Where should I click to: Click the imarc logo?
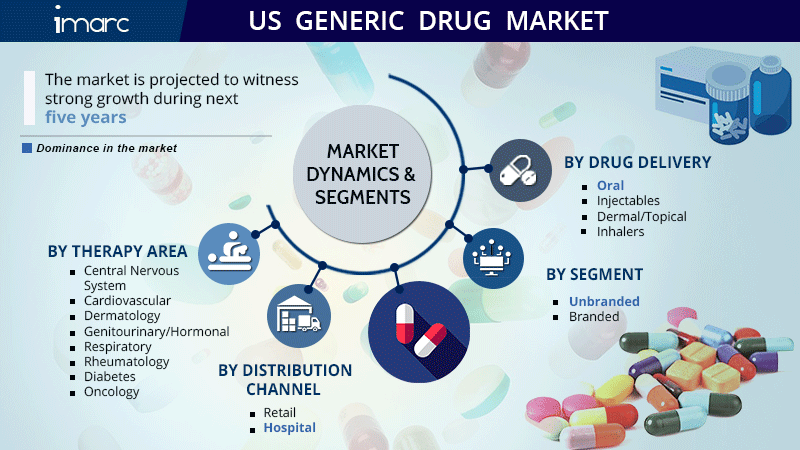(x=91, y=20)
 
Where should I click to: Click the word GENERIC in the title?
(x=349, y=21)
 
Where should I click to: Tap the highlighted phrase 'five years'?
(x=86, y=117)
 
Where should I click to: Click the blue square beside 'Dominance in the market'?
(x=27, y=148)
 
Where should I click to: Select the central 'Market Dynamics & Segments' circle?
(x=362, y=174)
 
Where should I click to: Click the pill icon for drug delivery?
(x=520, y=170)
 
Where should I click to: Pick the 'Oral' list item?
(x=610, y=186)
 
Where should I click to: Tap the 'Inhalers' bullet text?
(x=620, y=232)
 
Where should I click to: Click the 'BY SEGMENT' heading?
(x=594, y=274)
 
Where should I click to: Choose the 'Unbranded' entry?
(x=604, y=302)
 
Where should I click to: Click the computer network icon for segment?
(x=493, y=258)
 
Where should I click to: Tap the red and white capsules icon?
(x=419, y=332)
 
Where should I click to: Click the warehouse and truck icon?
(x=299, y=316)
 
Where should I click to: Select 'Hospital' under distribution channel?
(x=289, y=428)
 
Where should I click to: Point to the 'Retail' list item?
(x=280, y=412)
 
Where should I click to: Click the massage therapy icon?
(x=229, y=254)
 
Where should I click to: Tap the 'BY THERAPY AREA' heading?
(x=117, y=252)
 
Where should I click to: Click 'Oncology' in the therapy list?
(x=112, y=392)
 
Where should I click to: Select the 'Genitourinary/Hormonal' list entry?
(x=157, y=332)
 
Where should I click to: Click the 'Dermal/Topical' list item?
(x=642, y=217)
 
